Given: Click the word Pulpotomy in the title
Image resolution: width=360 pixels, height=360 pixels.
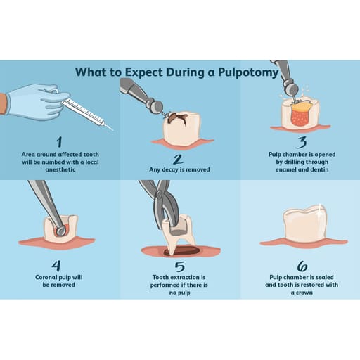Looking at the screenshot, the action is coord(248,72).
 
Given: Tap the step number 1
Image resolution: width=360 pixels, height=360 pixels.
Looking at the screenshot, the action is coord(59,142).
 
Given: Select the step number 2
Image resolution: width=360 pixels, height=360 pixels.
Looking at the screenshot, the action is coord(178,159).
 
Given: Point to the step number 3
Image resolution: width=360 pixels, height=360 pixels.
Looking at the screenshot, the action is coord(302,142).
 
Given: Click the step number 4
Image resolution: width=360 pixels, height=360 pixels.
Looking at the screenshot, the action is coord(56,266).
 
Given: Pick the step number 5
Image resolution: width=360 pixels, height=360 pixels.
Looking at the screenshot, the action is coord(179,266).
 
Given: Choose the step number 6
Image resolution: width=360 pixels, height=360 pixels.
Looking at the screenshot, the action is coord(302,266).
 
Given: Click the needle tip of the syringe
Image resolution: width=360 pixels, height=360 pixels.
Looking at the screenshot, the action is coord(112,129).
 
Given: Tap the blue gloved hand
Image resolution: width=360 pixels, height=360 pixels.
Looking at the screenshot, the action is coord(37,102).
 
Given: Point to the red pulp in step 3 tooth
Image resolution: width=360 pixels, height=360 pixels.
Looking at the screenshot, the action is coord(302,118).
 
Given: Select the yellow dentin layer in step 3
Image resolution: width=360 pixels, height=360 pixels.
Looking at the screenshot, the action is coord(302,107).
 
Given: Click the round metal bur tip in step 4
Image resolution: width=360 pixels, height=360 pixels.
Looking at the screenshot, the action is coord(60,231).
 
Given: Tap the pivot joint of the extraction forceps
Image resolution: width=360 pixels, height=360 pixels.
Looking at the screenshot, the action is coord(160,194).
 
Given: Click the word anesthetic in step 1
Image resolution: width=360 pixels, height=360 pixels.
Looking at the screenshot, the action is coord(60,169).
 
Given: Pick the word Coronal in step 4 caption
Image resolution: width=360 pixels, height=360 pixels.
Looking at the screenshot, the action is coord(46,277).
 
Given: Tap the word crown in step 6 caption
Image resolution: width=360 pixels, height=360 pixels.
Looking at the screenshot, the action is coord(304,292).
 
